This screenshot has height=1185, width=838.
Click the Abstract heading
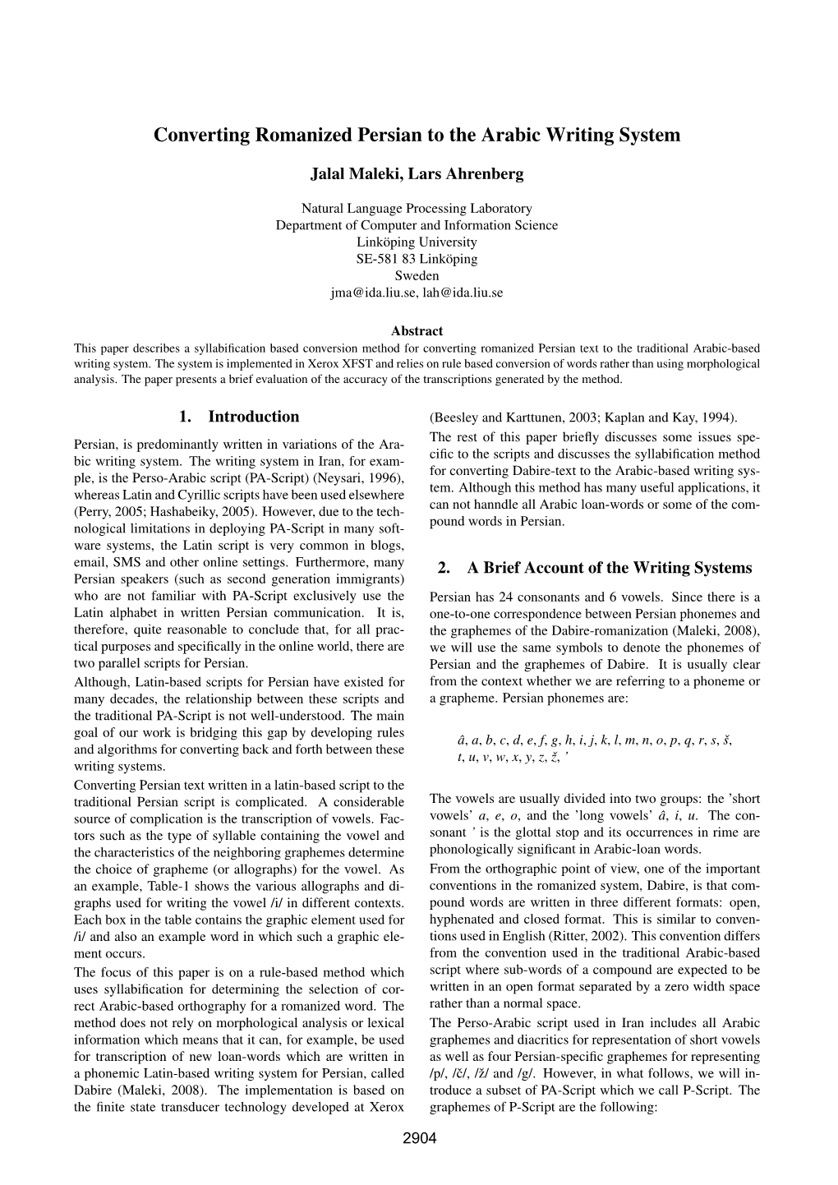pos(417,331)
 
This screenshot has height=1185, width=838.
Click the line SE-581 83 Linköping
pos(417,259)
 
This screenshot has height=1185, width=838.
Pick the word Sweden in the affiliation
pos(417,275)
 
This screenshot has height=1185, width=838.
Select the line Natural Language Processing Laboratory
pos(417,209)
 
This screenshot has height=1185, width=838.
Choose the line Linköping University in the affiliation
pos(417,242)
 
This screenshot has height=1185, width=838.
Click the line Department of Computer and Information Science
pos(417,225)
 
